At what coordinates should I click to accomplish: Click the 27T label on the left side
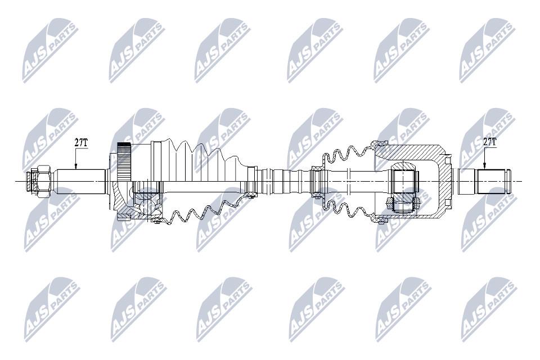[x=81, y=143]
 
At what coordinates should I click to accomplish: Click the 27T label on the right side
[x=490, y=141]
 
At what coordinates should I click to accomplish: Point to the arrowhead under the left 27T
[x=76, y=166]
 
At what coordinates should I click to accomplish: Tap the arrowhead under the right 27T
[x=484, y=166]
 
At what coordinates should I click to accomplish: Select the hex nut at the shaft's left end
[x=44, y=181]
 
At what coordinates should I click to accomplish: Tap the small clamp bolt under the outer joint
[x=157, y=220]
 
